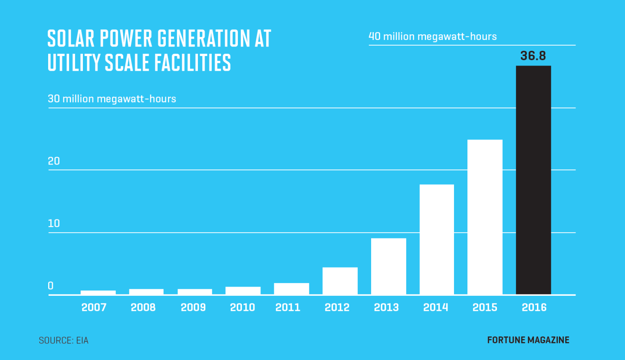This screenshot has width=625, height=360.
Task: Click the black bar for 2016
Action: click(x=533, y=180)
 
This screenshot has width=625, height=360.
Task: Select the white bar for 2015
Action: click(x=485, y=217)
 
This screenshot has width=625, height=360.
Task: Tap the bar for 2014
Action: click(x=437, y=239)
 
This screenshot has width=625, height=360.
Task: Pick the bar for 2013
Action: click(x=388, y=266)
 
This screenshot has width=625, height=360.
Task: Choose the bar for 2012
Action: click(x=340, y=281)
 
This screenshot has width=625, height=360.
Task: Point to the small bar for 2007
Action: click(x=98, y=292)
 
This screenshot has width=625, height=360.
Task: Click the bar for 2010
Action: click(x=243, y=291)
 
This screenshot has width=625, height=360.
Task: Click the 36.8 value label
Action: click(x=533, y=56)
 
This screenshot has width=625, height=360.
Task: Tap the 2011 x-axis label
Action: click(x=288, y=307)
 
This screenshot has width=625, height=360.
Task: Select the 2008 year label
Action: click(x=143, y=307)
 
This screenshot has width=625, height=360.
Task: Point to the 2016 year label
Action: click(x=534, y=307)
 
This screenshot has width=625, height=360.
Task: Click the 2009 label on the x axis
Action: click(x=193, y=307)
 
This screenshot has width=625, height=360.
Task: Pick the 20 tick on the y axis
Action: click(x=54, y=161)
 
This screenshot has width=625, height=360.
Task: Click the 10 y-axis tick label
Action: click(x=53, y=224)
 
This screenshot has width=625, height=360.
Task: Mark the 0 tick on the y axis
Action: click(x=51, y=286)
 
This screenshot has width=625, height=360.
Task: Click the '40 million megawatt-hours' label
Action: click(x=433, y=36)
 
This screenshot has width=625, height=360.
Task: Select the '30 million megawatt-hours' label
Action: click(x=112, y=99)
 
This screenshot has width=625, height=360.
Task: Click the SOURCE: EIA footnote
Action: click(x=63, y=340)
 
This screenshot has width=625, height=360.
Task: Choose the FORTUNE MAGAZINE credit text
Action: click(x=528, y=340)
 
